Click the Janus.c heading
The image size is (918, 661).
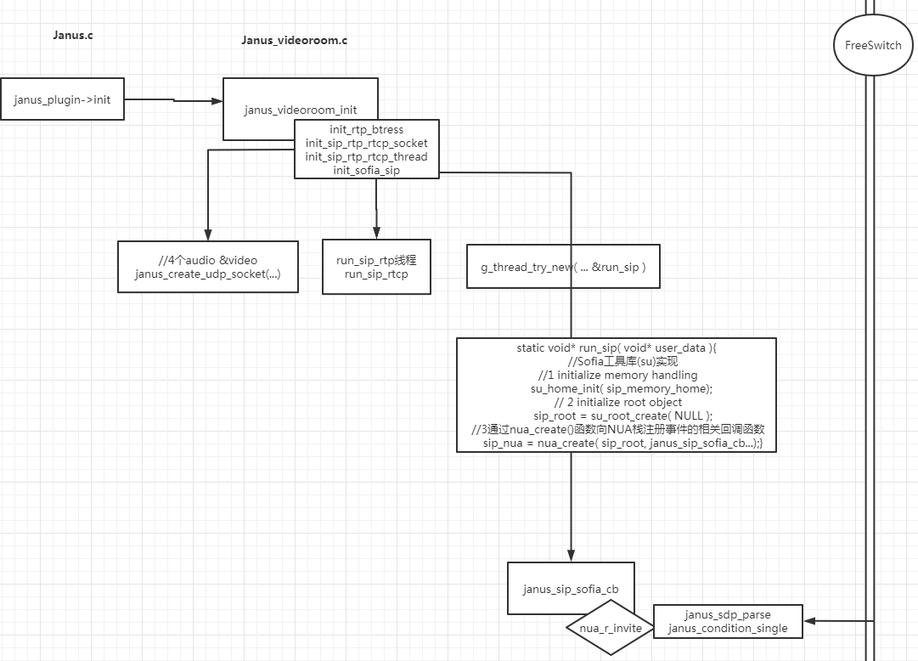click(x=72, y=35)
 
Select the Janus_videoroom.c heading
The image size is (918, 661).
click(x=294, y=40)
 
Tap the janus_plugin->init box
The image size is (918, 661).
click(x=62, y=99)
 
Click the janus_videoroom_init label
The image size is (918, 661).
click(x=300, y=110)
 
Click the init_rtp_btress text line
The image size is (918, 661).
click(x=366, y=130)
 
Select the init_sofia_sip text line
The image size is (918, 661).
click(x=366, y=171)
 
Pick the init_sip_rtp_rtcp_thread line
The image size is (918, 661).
click(x=366, y=157)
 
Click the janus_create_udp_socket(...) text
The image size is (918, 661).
click(x=207, y=274)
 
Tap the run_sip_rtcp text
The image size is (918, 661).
click(x=376, y=274)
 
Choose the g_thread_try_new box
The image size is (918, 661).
click(x=563, y=267)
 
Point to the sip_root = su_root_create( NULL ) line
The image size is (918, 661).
click(x=616, y=415)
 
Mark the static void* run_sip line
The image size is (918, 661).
click(x=616, y=347)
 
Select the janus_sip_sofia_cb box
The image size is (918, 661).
click(x=570, y=588)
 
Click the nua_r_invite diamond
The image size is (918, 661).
click(x=609, y=628)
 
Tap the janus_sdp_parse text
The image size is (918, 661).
click(x=728, y=614)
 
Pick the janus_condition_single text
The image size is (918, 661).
click(x=728, y=629)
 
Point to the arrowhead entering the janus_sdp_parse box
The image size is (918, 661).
click(x=809, y=621)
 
